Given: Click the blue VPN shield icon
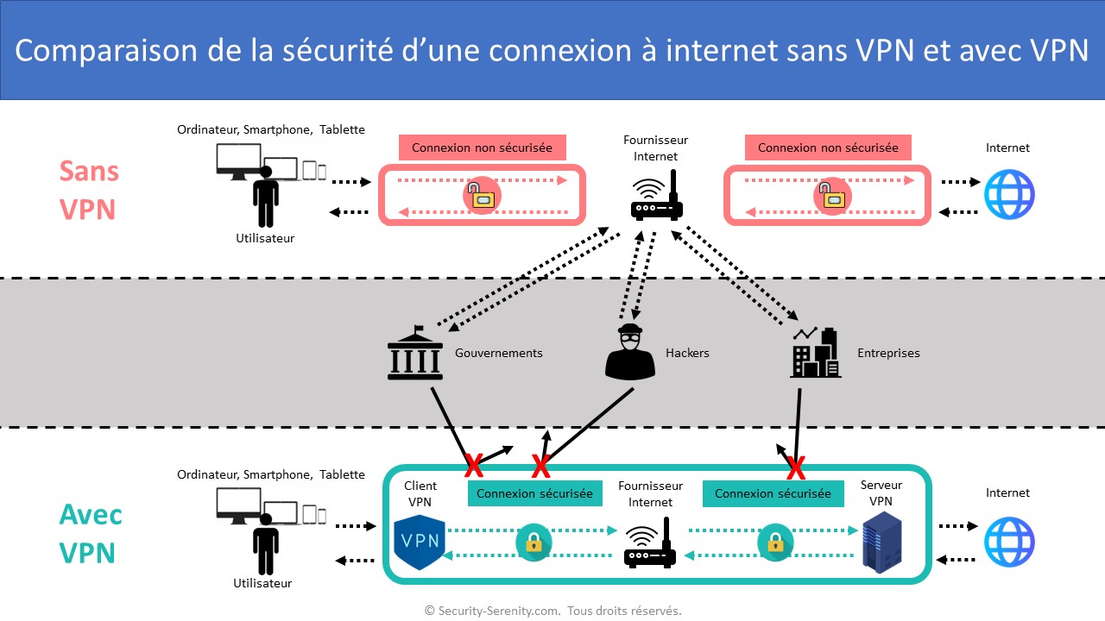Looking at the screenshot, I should point(419,541).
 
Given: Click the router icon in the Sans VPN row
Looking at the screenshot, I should point(657,197).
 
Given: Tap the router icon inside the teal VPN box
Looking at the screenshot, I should point(650,543).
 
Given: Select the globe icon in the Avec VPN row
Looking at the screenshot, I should point(1008,542).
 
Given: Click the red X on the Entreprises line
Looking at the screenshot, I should point(795,468).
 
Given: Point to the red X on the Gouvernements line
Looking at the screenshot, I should point(474,466).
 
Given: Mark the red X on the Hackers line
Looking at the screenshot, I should point(540,467).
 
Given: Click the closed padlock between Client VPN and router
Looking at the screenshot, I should point(534,543).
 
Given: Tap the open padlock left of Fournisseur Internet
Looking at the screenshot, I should point(482,195).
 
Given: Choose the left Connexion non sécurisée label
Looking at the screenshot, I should point(482,147).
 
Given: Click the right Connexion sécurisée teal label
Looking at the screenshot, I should point(773,493).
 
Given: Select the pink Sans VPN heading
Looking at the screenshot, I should point(88,190).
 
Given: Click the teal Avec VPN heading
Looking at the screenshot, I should point(90,534).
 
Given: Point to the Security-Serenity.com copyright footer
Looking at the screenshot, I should point(552,611).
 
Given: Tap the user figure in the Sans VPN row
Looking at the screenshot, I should point(266,197).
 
